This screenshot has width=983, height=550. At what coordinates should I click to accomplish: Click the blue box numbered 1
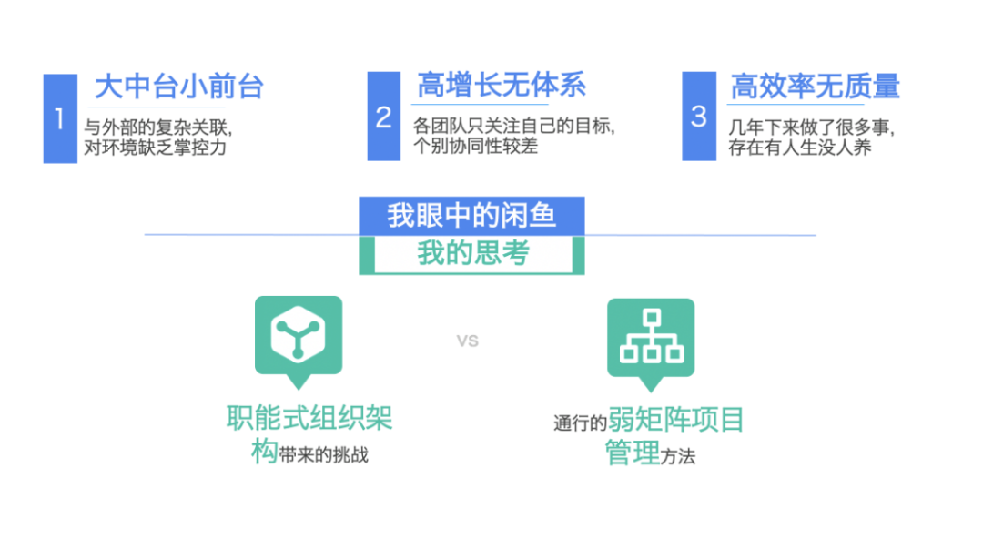[60, 118]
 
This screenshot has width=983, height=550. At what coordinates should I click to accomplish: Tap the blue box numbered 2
[383, 117]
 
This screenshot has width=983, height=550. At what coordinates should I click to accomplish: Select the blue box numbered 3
[698, 117]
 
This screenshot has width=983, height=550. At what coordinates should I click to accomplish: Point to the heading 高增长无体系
[502, 86]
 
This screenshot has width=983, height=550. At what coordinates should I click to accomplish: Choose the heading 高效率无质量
[815, 87]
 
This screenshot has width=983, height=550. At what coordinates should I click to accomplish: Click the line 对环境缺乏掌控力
[155, 147]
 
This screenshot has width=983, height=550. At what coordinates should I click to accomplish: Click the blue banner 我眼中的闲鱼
[471, 216]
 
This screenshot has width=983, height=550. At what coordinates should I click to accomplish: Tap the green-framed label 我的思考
[472, 254]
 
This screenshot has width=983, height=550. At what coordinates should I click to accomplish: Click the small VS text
[467, 341]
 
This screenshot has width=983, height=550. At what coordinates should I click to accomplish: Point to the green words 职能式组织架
[309, 419]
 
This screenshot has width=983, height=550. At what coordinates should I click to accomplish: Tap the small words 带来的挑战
[325, 454]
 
